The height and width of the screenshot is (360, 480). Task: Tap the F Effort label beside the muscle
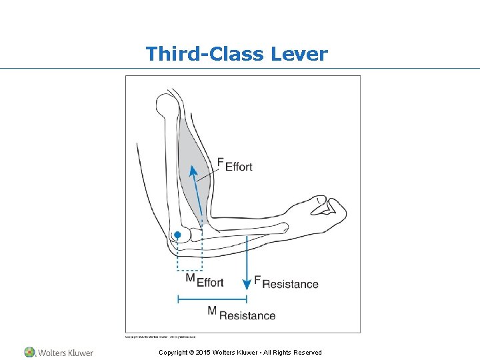[x=235, y=165]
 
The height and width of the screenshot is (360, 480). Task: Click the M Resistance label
[x=241, y=313]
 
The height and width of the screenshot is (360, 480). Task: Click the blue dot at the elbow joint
[x=177, y=235]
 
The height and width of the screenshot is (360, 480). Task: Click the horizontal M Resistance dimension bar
[x=213, y=299]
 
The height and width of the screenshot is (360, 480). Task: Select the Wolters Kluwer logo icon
[x=30, y=352]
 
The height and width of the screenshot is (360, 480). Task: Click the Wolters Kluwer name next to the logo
[x=65, y=353]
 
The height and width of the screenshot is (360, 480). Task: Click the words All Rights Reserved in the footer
[x=293, y=353]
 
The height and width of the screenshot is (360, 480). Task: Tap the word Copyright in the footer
[x=175, y=353]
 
